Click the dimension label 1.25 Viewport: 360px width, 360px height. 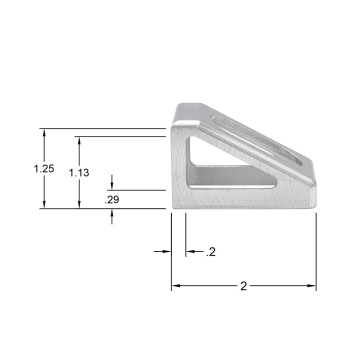point(44,168)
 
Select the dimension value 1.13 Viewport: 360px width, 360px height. point(79,173)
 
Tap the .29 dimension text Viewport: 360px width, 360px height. point(111,200)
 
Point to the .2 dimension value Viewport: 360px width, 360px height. point(210,252)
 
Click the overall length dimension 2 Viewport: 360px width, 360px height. point(243,286)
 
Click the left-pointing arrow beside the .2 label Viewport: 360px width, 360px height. point(190,251)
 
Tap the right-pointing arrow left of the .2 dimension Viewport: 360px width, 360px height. point(167,251)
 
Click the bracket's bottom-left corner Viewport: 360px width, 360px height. point(172,207)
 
